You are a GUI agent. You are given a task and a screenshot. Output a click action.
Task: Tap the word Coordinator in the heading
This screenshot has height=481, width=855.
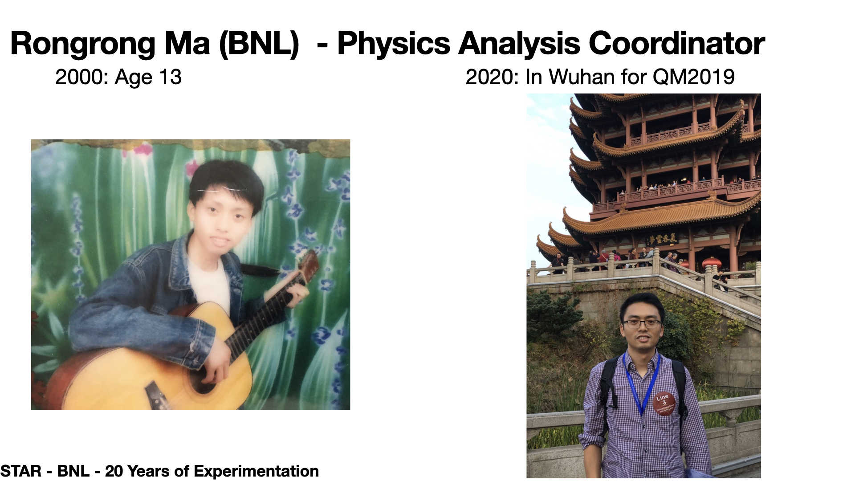pos(676,44)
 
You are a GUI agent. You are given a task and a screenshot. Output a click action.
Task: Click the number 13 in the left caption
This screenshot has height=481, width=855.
pos(170,77)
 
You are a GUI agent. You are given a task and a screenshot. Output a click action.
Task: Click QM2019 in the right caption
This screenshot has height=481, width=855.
pos(693,77)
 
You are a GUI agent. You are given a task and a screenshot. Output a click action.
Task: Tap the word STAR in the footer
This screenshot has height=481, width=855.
pos(21,471)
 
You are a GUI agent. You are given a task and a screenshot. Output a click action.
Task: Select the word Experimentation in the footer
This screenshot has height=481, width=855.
pos(256,472)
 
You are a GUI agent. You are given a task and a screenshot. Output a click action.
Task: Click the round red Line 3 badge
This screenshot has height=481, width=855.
pos(664,404)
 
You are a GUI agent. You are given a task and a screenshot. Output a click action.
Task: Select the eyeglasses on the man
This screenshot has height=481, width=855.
pos(642,324)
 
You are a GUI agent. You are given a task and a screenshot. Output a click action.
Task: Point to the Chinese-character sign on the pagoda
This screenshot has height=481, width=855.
pos(662,239)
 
